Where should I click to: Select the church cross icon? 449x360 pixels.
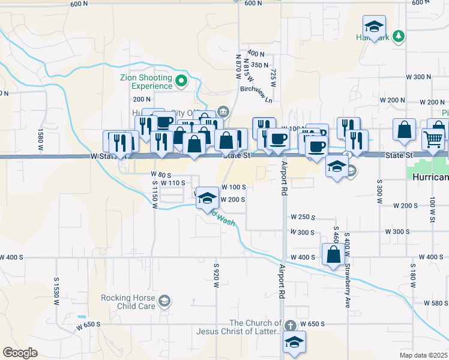[x=290, y=326]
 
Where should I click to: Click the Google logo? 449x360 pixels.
[x=20, y=353]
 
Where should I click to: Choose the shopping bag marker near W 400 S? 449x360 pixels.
[x=333, y=254]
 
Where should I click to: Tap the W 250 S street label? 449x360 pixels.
[x=303, y=217]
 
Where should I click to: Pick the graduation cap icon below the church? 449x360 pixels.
[x=294, y=343]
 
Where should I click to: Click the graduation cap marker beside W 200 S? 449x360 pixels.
[x=206, y=198]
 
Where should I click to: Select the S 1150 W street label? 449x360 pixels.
[x=154, y=194]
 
